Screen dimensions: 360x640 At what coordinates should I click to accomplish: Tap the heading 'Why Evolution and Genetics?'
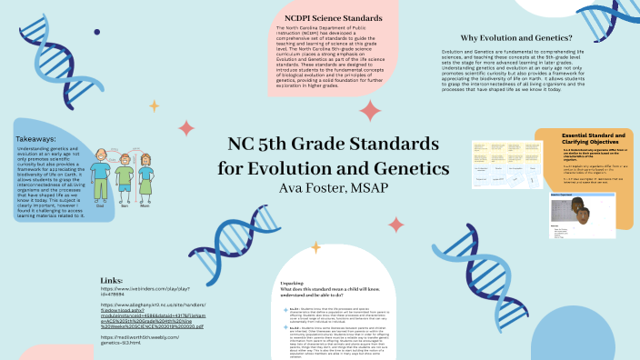515,38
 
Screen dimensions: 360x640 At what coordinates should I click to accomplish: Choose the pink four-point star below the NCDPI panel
370,111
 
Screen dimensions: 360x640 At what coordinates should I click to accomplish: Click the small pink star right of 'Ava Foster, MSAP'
395,224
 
